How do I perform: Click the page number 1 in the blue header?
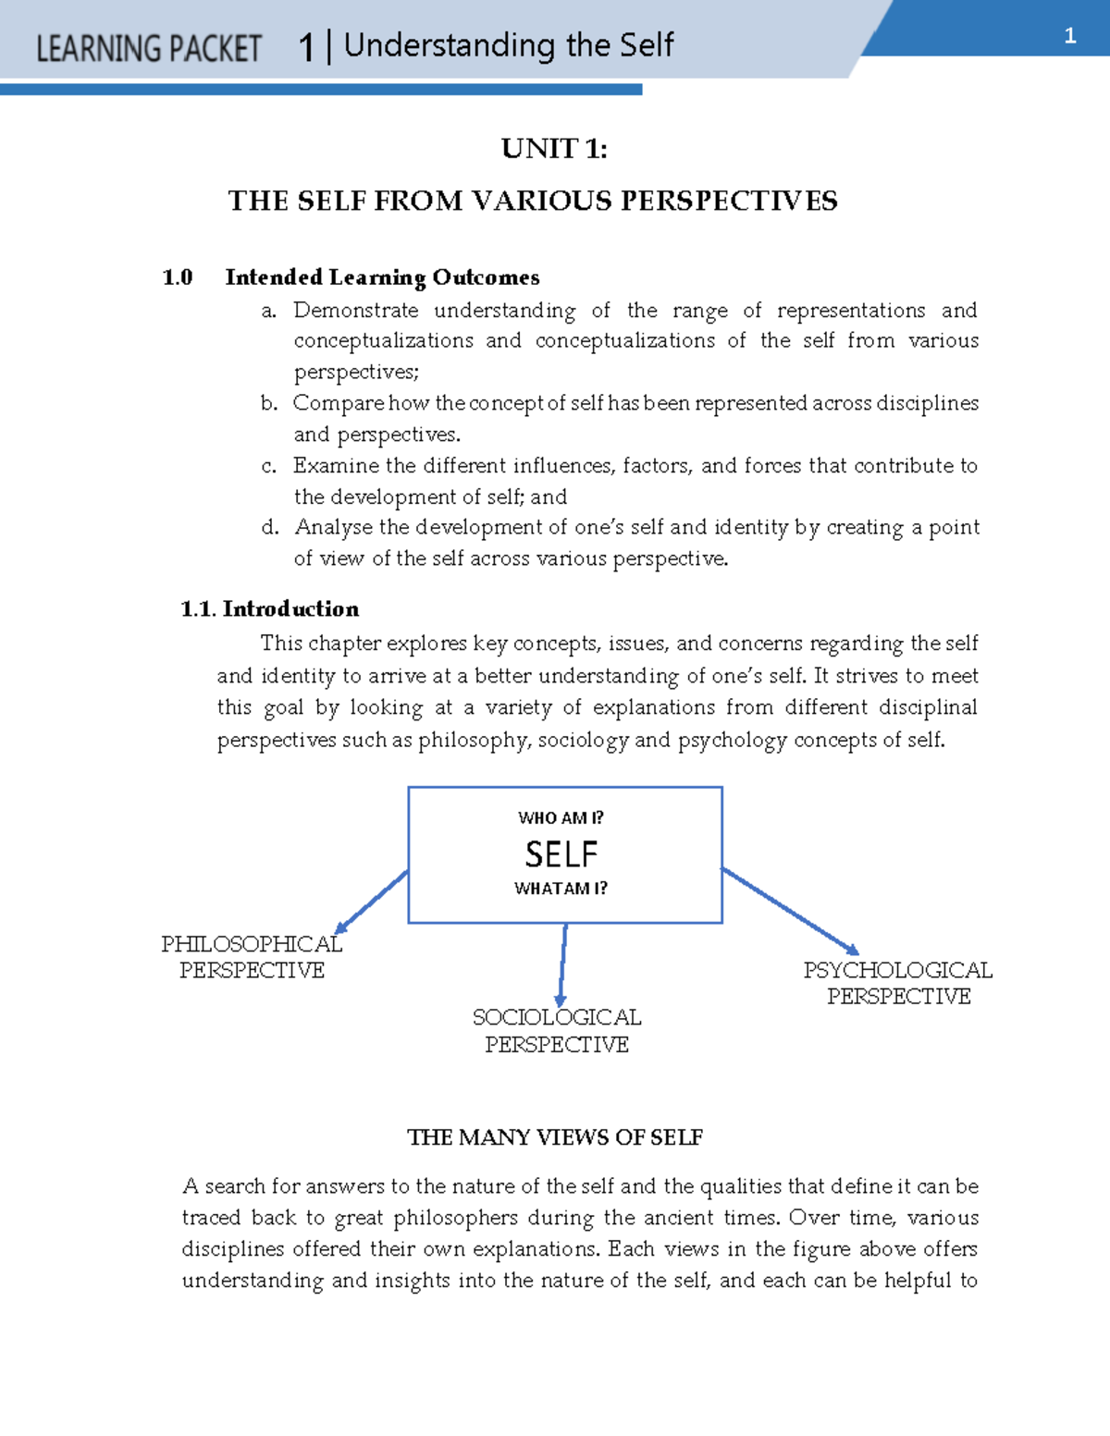point(1070,36)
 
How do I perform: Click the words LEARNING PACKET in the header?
point(149,48)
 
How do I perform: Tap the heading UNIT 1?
point(554,149)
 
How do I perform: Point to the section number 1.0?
point(178,277)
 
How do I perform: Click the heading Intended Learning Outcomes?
point(382,277)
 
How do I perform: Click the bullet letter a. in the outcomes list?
point(269,311)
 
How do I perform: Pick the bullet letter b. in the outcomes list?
point(269,403)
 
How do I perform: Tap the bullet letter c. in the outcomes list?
point(269,466)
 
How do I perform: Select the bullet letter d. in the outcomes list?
point(269,528)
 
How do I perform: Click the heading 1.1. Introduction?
point(270,608)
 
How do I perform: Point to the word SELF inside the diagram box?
point(561,854)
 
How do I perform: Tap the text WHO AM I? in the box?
point(561,817)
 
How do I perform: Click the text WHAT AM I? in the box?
point(561,889)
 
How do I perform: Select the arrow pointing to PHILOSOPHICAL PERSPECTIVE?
point(372,902)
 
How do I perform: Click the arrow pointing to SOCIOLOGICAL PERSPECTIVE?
point(562,964)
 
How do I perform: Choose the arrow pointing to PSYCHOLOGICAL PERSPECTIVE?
point(790,911)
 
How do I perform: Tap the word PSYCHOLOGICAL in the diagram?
point(897,970)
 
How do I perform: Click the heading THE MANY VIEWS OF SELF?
point(555,1137)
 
